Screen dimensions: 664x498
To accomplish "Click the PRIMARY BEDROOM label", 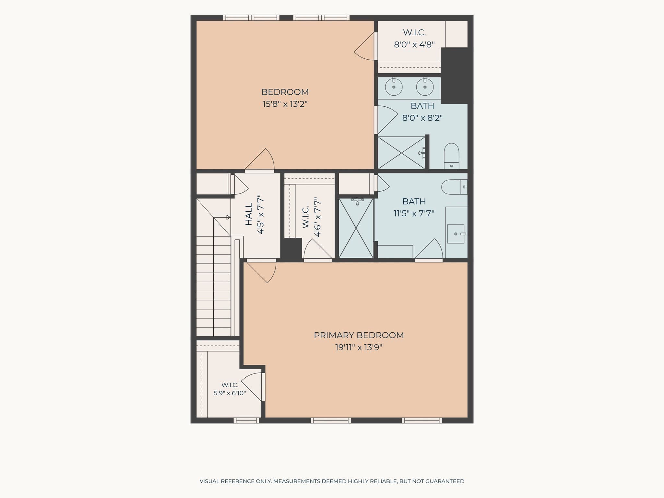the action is pyautogui.click(x=359, y=335).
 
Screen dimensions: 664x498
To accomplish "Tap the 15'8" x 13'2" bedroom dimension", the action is pyautogui.click(x=285, y=104).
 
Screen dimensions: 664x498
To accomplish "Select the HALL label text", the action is pyautogui.click(x=249, y=214).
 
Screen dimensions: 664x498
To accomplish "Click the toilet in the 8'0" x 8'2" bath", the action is pyautogui.click(x=451, y=156).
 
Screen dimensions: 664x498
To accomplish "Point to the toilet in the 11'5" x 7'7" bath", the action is pyautogui.click(x=454, y=187).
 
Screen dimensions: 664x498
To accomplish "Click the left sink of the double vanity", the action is pyautogui.click(x=394, y=87).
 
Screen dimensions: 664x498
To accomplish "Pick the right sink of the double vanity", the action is pyautogui.click(x=425, y=87).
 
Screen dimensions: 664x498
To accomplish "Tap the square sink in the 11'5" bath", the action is pyautogui.click(x=456, y=234).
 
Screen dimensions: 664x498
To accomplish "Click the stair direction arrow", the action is pyautogui.click(x=222, y=217).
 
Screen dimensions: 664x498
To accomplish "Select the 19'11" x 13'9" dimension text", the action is pyautogui.click(x=359, y=348).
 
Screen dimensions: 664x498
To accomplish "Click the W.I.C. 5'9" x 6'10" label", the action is pyautogui.click(x=230, y=389).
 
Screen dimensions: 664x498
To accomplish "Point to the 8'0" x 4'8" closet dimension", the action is pyautogui.click(x=414, y=44).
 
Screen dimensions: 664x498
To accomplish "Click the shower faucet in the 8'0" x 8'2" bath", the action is pyautogui.click(x=422, y=153).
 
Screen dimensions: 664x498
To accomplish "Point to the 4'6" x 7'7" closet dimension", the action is pyautogui.click(x=317, y=217).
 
